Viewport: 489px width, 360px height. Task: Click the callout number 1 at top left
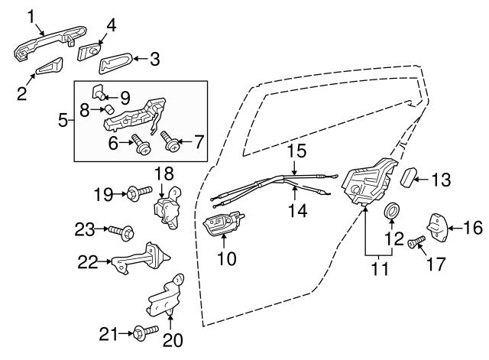click(x=32, y=15)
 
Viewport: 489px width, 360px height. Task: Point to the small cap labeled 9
click(x=99, y=93)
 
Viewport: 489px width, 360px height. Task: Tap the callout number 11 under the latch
click(x=379, y=268)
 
